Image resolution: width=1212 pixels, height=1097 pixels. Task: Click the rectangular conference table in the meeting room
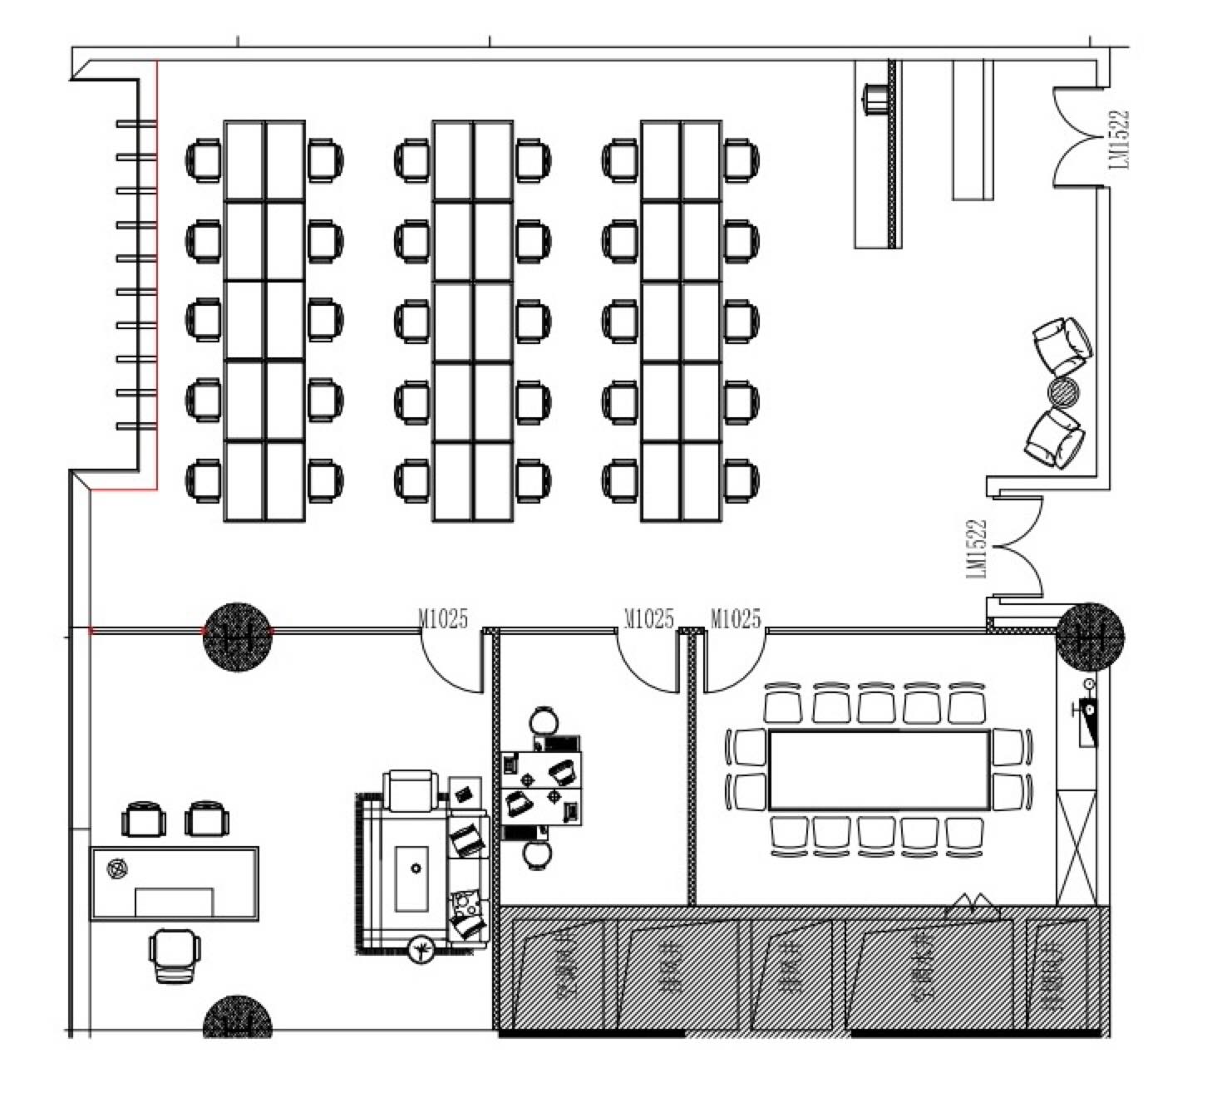(x=879, y=770)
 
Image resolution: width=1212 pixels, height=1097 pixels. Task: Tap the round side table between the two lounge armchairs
(x=1063, y=391)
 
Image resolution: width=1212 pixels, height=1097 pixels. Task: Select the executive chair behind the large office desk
(x=175, y=955)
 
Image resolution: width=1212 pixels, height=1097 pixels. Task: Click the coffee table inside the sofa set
(x=414, y=876)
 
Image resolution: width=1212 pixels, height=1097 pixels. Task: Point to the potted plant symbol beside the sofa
(x=423, y=947)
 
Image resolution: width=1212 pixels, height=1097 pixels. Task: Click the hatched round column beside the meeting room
(x=1091, y=637)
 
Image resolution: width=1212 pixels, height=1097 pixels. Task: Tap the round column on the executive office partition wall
(x=239, y=637)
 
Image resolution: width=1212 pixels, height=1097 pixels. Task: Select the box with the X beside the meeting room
(x=1076, y=848)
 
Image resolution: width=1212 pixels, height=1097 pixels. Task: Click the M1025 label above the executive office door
(x=443, y=618)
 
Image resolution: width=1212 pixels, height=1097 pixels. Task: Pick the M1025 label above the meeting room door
(x=736, y=618)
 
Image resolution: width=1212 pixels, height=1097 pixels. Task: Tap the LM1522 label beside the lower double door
(x=978, y=548)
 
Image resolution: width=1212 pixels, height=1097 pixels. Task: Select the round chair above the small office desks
(x=544, y=720)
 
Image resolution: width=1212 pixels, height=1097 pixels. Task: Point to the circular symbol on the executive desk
(x=117, y=869)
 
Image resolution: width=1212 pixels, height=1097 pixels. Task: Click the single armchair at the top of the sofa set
(x=410, y=790)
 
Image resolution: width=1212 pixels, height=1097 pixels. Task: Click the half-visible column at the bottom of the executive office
(x=239, y=1017)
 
